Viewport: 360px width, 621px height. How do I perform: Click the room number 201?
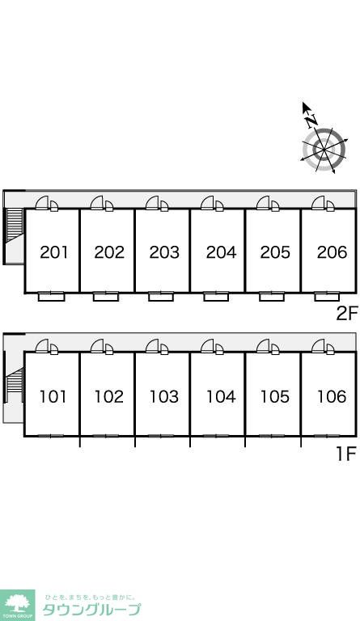tap(54, 252)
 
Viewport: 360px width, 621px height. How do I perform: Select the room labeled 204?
tap(221, 252)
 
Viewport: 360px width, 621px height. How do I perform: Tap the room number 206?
tap(332, 252)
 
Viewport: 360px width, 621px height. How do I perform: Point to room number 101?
tap(53, 396)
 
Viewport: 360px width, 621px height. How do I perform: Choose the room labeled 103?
tap(164, 396)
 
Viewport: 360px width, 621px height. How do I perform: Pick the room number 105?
tap(275, 396)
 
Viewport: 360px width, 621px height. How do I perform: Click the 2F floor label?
tap(347, 314)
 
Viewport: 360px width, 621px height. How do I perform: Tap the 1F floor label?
tap(346, 454)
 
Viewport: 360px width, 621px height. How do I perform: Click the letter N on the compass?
tap(311, 120)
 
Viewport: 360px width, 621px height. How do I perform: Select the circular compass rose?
tap(324, 150)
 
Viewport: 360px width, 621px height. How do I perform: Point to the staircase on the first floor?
tap(14, 380)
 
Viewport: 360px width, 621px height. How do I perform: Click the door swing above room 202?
tap(96, 203)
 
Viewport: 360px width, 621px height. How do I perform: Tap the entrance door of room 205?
tap(263, 203)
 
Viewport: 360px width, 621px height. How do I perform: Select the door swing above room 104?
tap(207, 346)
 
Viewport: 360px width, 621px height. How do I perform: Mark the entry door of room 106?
tap(318, 346)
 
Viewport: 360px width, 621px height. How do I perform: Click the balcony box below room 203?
tap(161, 297)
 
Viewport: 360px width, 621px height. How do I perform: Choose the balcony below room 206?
tap(327, 297)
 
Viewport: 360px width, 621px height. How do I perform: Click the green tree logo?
tap(18, 605)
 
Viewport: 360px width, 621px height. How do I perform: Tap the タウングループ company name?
tap(91, 610)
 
